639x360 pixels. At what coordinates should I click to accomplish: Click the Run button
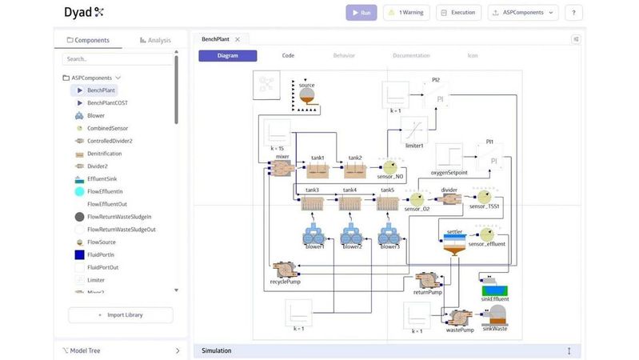tap(361, 13)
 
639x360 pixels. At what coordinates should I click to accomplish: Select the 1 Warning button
tap(406, 13)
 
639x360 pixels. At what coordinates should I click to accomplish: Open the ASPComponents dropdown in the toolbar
tap(523, 13)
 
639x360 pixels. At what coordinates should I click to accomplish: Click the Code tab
tap(288, 56)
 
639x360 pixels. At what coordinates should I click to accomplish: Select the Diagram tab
tap(227, 56)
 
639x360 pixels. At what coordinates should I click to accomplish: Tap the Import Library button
tap(121, 315)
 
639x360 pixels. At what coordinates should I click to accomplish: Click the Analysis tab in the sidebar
tap(154, 40)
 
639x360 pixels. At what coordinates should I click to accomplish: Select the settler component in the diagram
tap(454, 244)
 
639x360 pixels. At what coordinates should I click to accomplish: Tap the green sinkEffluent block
tap(495, 290)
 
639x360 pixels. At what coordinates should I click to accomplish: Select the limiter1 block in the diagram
tap(413, 129)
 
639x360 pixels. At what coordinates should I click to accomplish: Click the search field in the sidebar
tap(117, 59)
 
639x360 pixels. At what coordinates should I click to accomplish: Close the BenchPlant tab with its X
tap(238, 39)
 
